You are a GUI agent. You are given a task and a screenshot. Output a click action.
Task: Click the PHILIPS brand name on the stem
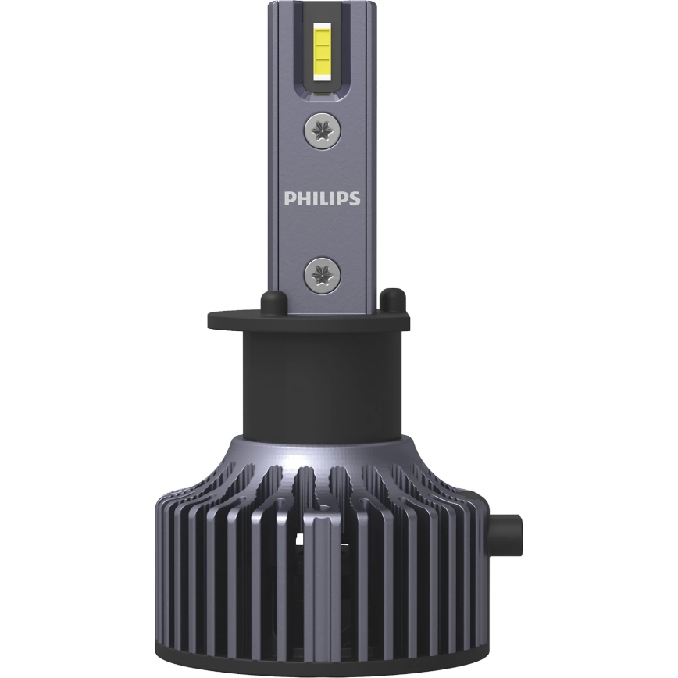tap(322, 198)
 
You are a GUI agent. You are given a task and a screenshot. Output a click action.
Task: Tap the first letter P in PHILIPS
tap(289, 198)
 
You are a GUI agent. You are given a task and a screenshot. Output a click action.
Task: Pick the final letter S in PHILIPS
tap(355, 198)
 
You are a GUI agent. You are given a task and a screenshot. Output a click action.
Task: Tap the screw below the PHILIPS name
tap(322, 273)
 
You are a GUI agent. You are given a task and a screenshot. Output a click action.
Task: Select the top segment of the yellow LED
tap(322, 30)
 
